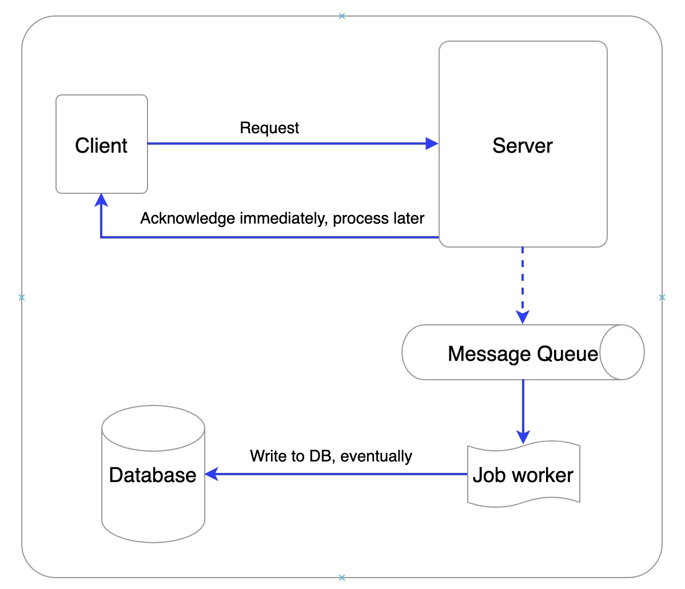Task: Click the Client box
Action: [102, 145]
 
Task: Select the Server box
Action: [523, 145]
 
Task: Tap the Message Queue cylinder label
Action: [522, 353]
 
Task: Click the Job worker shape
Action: [523, 475]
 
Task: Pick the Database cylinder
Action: [153, 475]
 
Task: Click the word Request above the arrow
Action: [269, 128]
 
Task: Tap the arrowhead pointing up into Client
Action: [101, 199]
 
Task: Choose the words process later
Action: [379, 218]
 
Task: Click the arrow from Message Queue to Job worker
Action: [523, 409]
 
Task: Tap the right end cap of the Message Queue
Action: [622, 352]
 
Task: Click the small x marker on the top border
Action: [342, 16]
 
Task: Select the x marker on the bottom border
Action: [342, 578]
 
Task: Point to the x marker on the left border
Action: [22, 297]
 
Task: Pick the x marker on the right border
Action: [662, 297]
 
